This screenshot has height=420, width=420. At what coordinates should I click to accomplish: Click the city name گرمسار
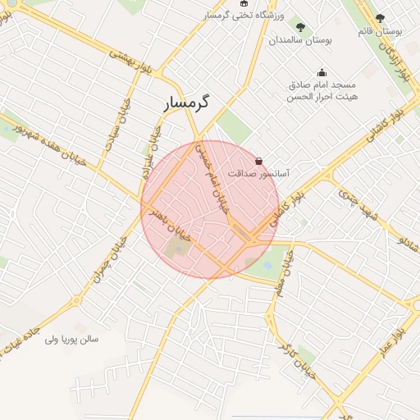[181, 104]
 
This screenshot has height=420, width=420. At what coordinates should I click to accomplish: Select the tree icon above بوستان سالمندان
[300, 28]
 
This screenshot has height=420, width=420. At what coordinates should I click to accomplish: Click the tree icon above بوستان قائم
[379, 18]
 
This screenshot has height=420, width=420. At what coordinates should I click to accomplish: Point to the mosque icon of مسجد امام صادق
[322, 72]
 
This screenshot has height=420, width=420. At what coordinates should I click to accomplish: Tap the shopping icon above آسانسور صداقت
[260, 161]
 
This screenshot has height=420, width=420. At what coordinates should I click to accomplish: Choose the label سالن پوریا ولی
[71, 338]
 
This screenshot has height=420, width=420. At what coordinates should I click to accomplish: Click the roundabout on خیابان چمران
[79, 299]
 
